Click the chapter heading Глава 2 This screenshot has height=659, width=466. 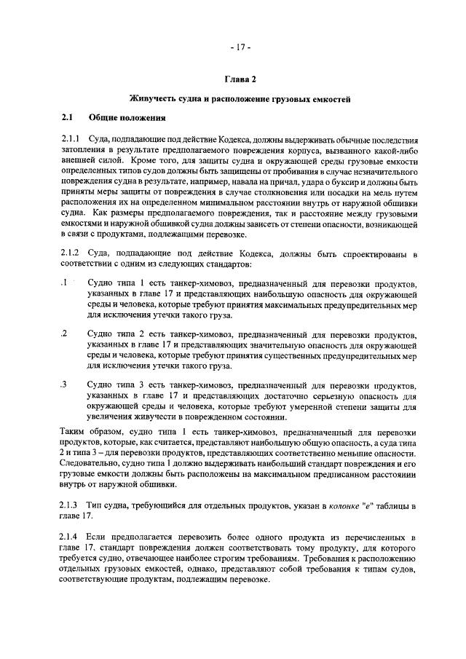pyautogui.click(x=240, y=79)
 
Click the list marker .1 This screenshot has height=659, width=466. pyautogui.click(x=65, y=283)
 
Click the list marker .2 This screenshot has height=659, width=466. pyautogui.click(x=65, y=333)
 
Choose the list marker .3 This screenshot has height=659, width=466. pyautogui.click(x=65, y=383)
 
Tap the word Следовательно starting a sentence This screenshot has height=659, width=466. pyautogui.click(x=92, y=465)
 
